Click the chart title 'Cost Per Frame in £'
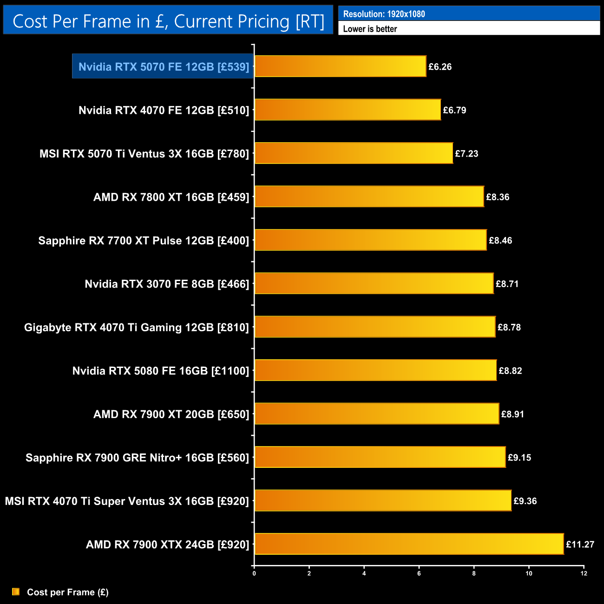coord(168,21)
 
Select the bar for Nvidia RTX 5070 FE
coord(340,66)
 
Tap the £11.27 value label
coord(580,545)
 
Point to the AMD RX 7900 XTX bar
coord(409,544)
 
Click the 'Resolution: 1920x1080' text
coord(384,14)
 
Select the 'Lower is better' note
coord(370,29)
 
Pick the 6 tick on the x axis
coord(419,573)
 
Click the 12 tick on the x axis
coord(584,573)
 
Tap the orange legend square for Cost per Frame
coord(16,591)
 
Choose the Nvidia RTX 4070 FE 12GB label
coord(164,110)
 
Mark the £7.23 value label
coord(466,154)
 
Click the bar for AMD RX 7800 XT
coord(369,197)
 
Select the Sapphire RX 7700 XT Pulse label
coord(144,241)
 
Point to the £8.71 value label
coord(507,284)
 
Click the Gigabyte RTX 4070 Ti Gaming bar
coord(375,327)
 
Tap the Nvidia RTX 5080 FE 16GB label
coord(161,371)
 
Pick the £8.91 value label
coord(512,414)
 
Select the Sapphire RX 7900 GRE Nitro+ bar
coord(380,457)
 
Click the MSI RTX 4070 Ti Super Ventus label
coord(127,501)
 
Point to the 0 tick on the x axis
coord(254,573)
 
